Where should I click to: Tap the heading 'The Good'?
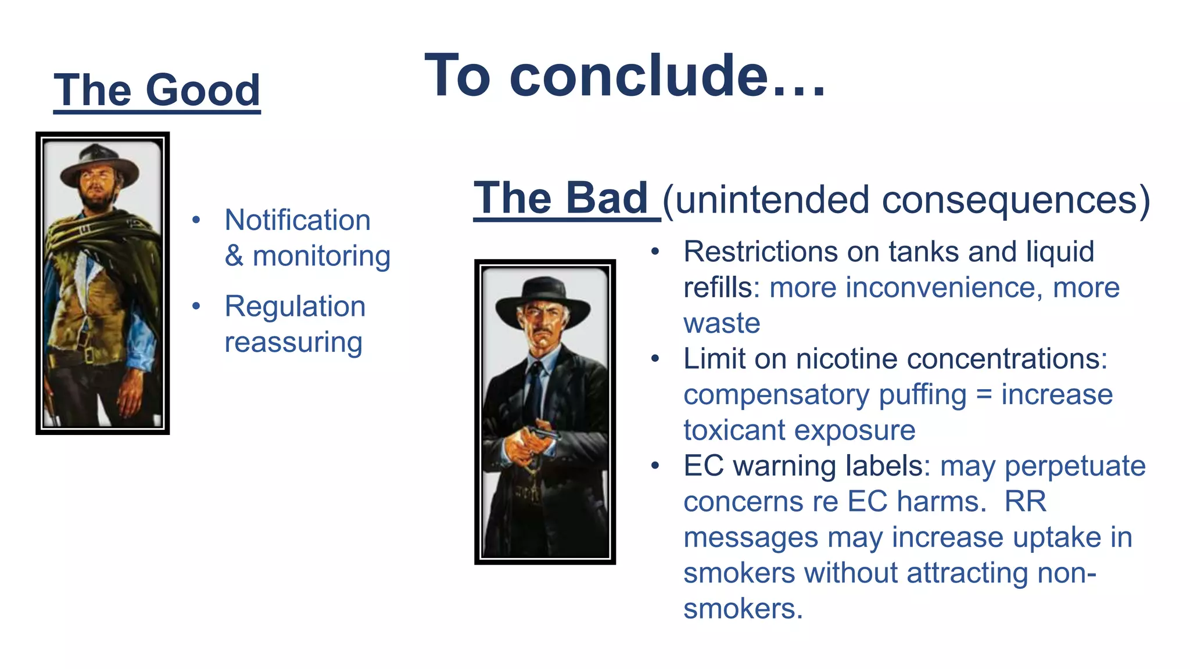click(x=157, y=90)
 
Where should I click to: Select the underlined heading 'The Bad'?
click(x=561, y=199)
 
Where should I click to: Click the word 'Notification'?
click(x=297, y=220)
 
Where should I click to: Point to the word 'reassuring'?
click(x=293, y=341)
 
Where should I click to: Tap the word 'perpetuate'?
click(x=1075, y=466)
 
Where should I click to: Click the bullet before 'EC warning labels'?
click(x=655, y=466)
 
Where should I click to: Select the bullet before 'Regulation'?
click(x=196, y=306)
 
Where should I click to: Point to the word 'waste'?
click(x=722, y=323)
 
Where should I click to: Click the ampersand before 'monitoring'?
click(x=234, y=256)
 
